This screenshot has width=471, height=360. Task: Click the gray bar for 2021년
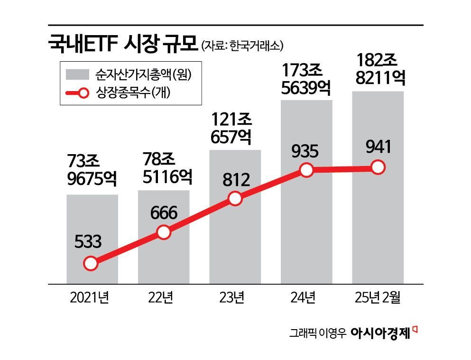point(92,228)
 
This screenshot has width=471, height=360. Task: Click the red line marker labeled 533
point(90,264)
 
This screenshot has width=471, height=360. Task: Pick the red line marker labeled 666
point(163,232)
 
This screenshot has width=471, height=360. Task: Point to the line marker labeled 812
point(235,199)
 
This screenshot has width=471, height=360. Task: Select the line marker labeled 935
point(307,170)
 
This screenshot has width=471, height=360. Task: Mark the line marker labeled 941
point(378,167)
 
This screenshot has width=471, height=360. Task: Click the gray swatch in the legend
point(78,75)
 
